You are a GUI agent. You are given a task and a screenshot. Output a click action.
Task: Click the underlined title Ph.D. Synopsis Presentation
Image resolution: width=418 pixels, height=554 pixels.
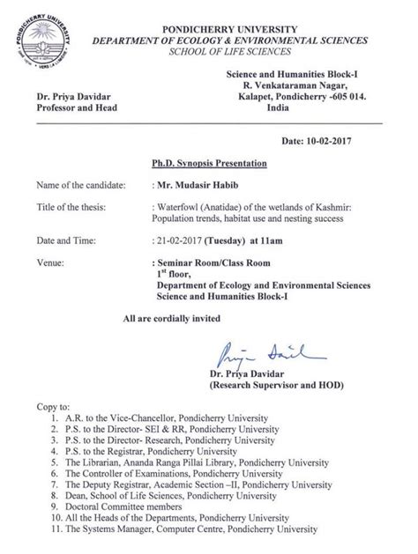(x=209, y=164)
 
